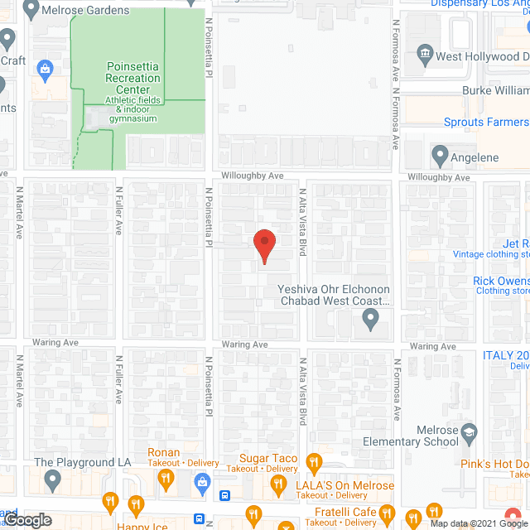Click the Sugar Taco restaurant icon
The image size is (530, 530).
point(313,461)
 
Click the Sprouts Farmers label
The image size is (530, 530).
point(484,123)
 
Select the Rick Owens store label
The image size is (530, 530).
point(500,282)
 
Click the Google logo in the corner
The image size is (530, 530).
point(26,520)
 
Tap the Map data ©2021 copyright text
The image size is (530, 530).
point(471,523)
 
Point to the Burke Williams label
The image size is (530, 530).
point(494,89)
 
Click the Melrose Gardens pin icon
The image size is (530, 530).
point(31,9)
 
